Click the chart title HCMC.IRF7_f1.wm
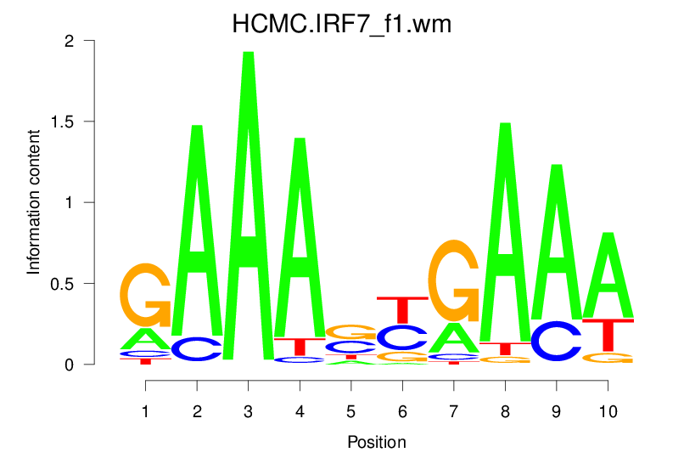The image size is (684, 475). (342, 25)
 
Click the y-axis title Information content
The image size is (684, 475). (34, 201)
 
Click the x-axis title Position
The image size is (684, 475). (377, 442)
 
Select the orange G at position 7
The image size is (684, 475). (454, 280)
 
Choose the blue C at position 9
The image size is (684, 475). (556, 341)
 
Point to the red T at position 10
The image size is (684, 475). (608, 335)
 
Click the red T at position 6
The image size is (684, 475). (402, 309)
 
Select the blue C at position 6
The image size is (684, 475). (402, 337)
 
